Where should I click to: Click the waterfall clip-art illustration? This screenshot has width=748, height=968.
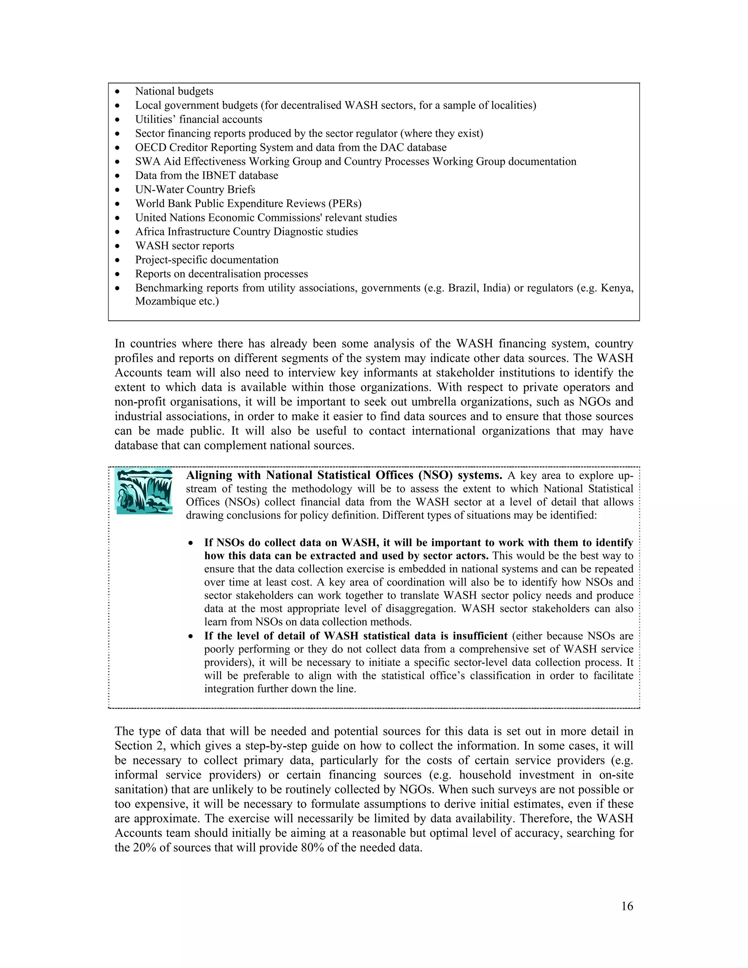tap(144, 491)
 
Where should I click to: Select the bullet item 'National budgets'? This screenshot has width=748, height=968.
tap(174, 91)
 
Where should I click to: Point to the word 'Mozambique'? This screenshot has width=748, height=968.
tap(161, 301)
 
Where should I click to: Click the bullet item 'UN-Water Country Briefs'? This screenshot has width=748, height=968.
tap(195, 190)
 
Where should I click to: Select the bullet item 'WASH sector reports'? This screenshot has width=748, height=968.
tap(184, 246)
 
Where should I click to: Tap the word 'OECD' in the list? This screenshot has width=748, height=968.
tap(150, 148)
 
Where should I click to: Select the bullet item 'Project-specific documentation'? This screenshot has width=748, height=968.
tap(206, 260)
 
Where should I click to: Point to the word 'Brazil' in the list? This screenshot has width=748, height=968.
tap(462, 288)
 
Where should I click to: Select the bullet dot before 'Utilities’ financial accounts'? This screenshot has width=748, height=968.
tap(118, 120)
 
